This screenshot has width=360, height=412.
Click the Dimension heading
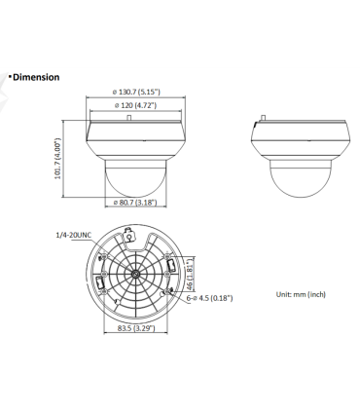36,77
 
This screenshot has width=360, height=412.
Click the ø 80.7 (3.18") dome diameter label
131,203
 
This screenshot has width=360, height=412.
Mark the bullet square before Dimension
9,76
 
